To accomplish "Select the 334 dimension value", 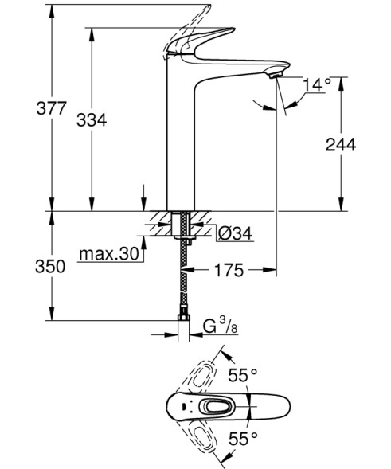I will pos(92,120).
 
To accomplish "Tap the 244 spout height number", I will pos(340,144).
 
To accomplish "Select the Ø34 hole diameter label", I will pos(235,233).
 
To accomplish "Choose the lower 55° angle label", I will pos(244,437).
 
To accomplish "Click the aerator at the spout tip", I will pos(275,74).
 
